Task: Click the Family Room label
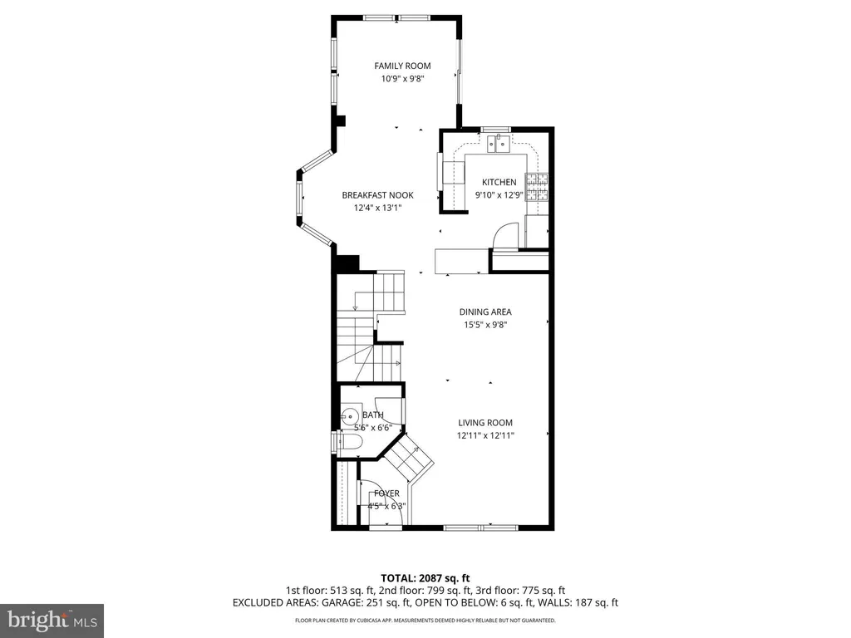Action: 402,66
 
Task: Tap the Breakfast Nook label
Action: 378,195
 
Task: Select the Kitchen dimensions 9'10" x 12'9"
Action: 499,194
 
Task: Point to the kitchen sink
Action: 499,144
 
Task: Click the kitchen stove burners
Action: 537,187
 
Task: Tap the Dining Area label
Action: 485,312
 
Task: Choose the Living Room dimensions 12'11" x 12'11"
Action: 485,435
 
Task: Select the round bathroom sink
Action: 350,416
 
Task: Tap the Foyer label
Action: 386,493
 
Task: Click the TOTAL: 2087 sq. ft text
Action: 425,578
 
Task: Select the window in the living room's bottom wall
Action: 481,527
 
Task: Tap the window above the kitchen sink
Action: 495,129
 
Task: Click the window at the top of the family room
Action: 397,18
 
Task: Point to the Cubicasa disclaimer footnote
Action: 425,620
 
